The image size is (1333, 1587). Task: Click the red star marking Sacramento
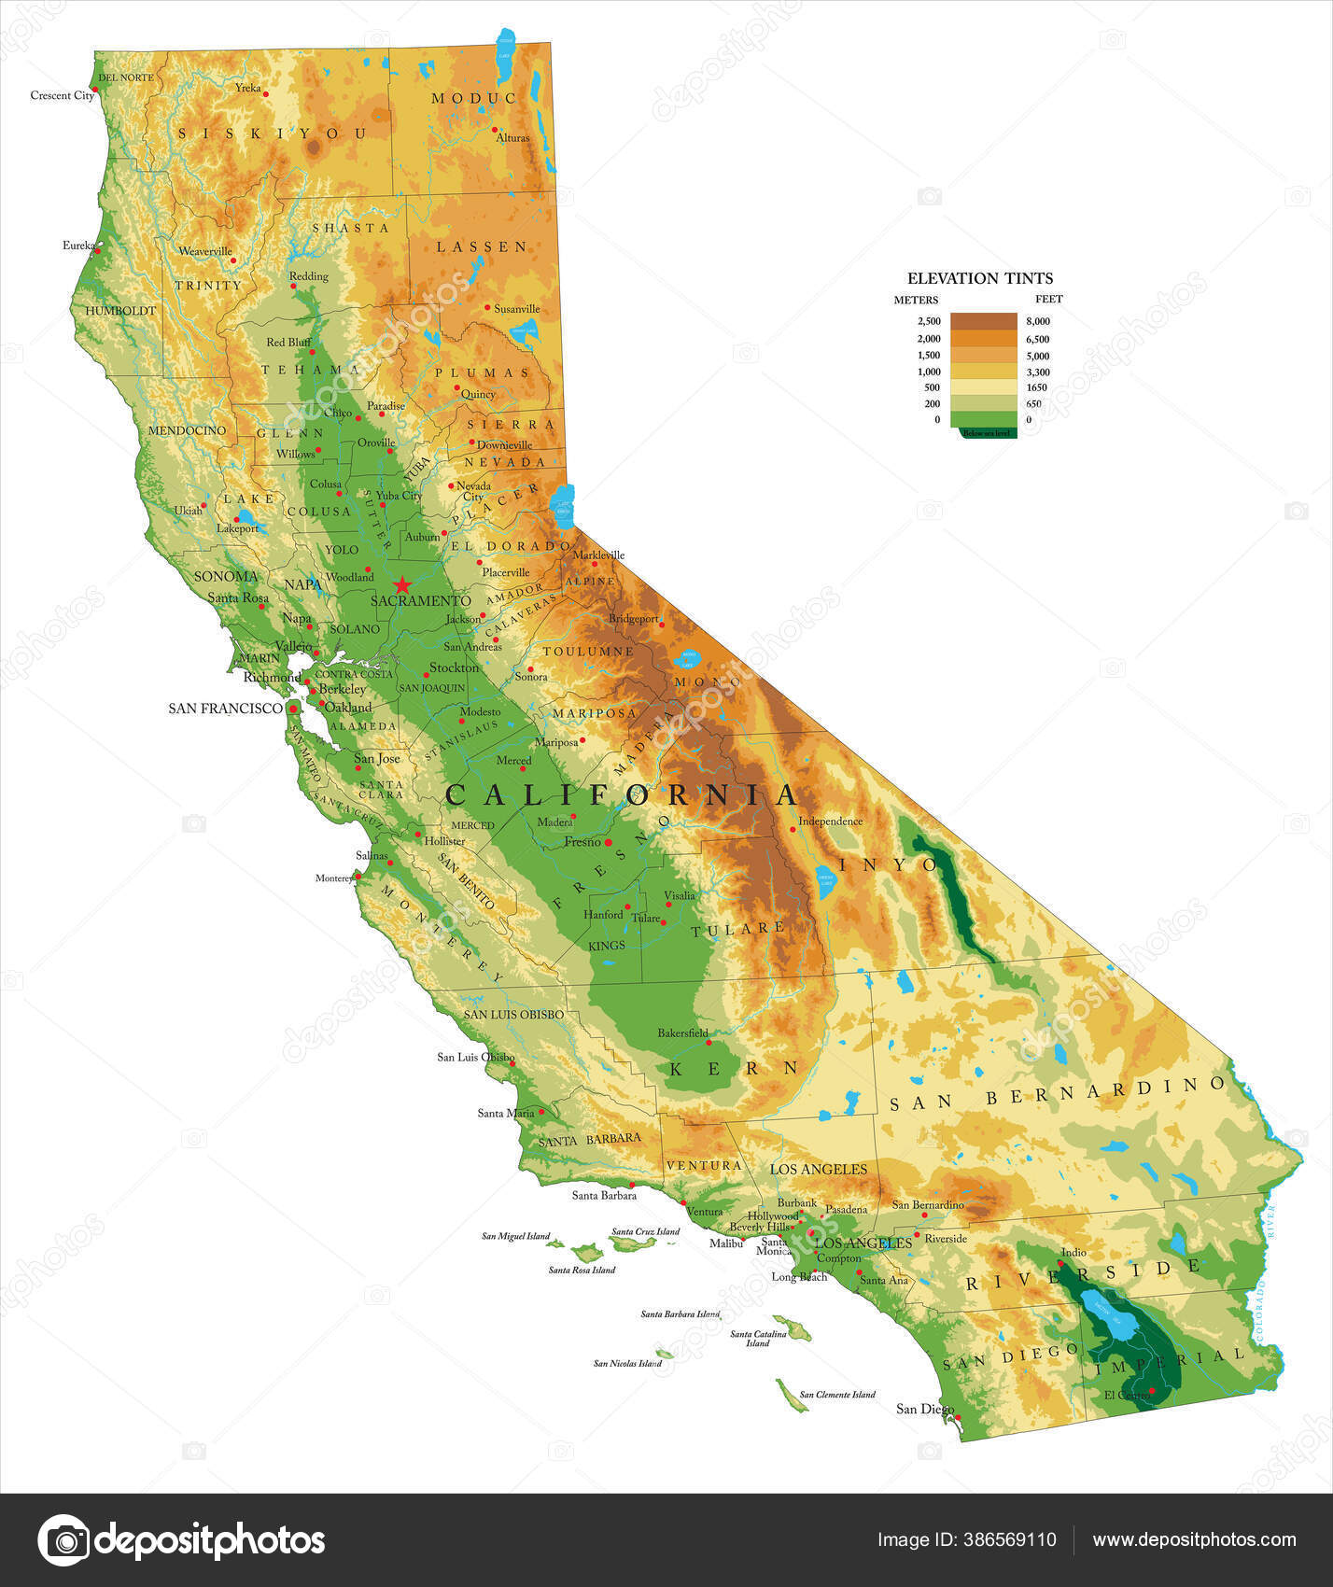[x=402, y=585]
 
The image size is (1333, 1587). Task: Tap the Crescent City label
[x=61, y=95]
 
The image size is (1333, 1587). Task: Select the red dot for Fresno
[x=608, y=842]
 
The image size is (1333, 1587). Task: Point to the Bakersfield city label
[x=682, y=1032]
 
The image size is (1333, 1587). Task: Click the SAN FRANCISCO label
[x=225, y=709]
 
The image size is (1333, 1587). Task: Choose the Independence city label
[x=830, y=822]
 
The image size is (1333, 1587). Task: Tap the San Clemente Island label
[x=837, y=1395]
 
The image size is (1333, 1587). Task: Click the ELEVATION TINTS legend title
[x=979, y=278]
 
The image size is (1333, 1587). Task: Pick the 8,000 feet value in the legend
[x=1037, y=321]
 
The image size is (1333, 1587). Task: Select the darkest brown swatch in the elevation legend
[x=983, y=321]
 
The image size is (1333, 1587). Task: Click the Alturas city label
[x=512, y=137]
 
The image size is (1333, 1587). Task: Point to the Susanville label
[x=517, y=308]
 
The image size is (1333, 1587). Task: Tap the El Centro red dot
[x=1152, y=1391]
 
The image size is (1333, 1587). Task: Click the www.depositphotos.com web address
[x=1194, y=1540]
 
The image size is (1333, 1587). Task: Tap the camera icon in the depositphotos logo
[x=63, y=1540]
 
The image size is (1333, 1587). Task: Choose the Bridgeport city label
[x=633, y=618]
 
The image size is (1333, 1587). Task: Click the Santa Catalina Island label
[x=758, y=1338]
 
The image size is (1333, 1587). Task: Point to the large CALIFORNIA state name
[x=621, y=795]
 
